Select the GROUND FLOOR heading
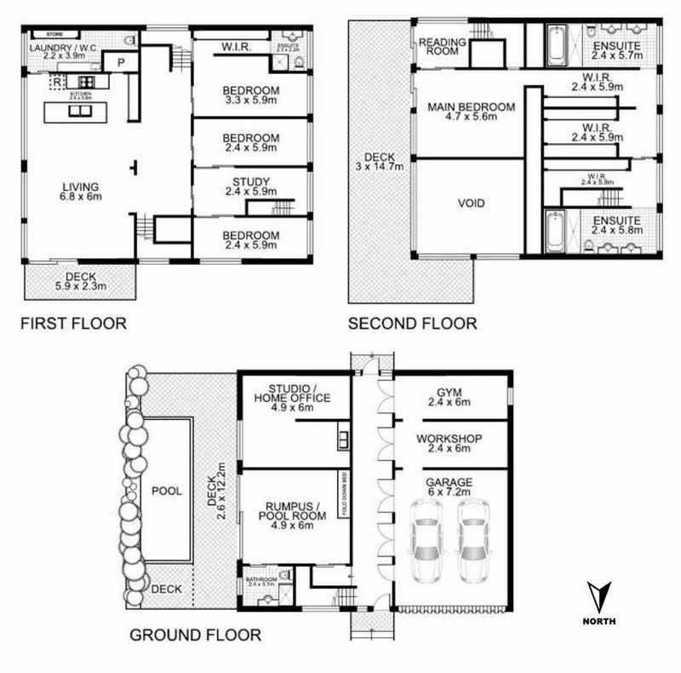point(194,635)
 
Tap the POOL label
point(167,492)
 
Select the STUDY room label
point(250,181)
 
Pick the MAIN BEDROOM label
point(471,106)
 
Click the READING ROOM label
point(438,46)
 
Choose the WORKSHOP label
point(450,439)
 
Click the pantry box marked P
point(120,62)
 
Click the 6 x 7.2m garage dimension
point(449,493)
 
